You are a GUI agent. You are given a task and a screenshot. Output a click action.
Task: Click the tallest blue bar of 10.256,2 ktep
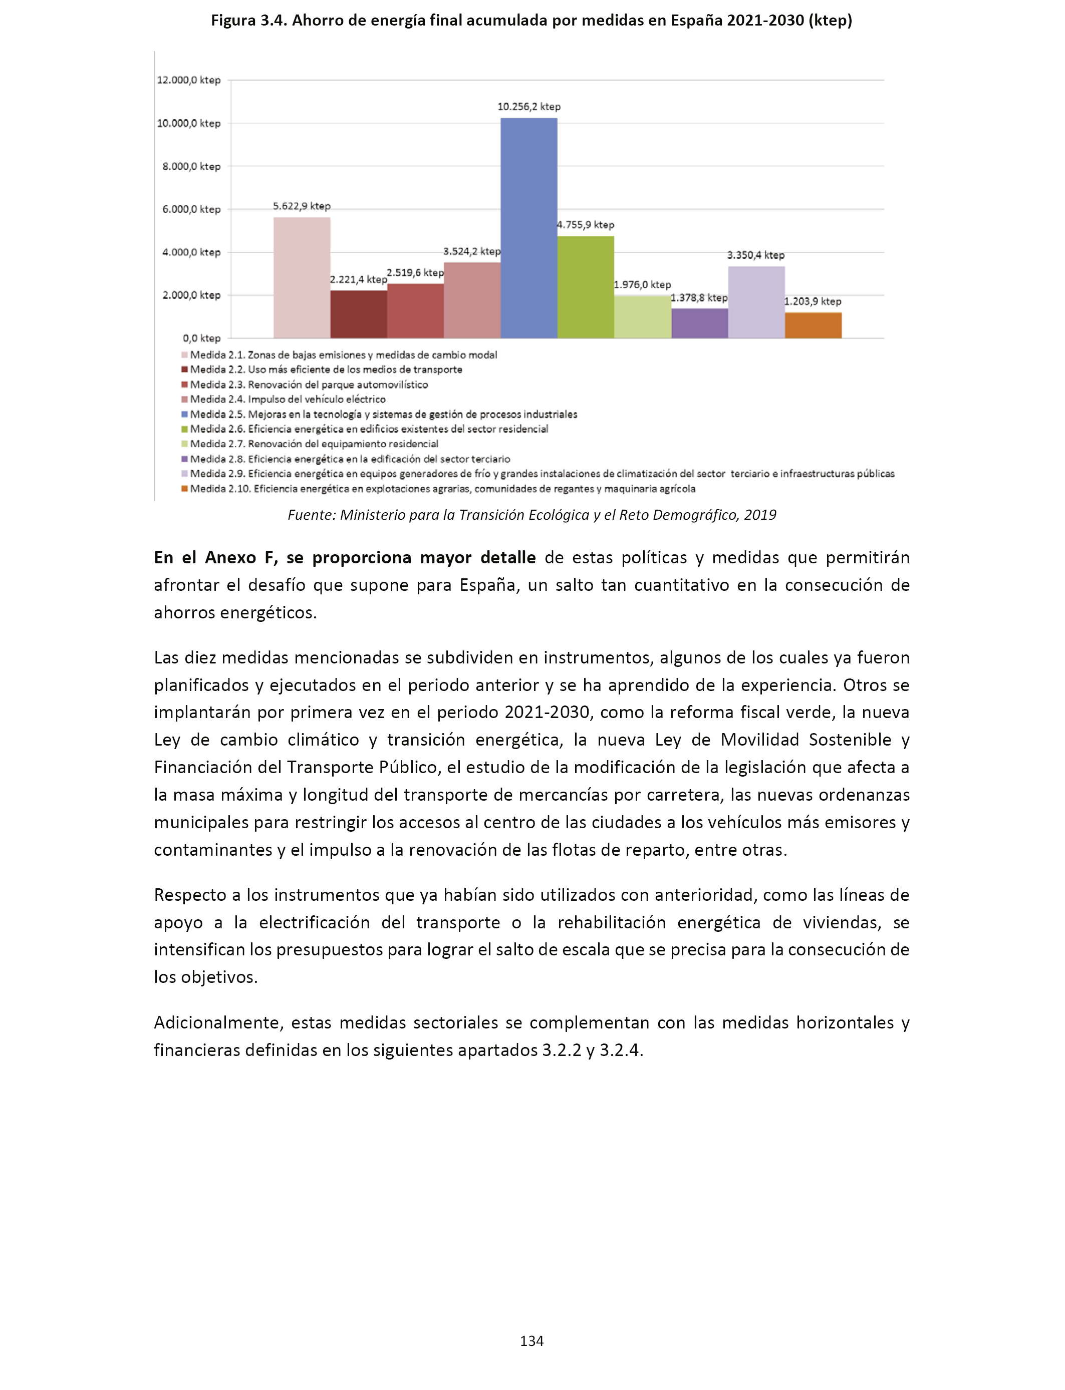[x=528, y=228]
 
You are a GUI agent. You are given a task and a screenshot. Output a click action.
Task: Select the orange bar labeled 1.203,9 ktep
[x=813, y=325]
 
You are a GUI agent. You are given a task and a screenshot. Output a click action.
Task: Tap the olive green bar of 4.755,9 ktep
[x=585, y=287]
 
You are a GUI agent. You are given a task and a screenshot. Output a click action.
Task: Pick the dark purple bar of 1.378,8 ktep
[x=699, y=323]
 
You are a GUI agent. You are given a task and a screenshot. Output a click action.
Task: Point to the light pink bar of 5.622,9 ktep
[x=302, y=277]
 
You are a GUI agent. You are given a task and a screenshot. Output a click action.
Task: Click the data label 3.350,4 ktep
[x=755, y=255]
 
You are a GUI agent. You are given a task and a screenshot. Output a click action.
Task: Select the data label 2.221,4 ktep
[x=358, y=279]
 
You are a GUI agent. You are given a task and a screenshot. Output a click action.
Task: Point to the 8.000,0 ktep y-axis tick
[x=191, y=167]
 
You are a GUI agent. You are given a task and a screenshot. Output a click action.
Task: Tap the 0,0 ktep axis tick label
[x=201, y=338]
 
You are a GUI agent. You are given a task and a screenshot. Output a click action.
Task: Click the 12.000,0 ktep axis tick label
[x=189, y=81]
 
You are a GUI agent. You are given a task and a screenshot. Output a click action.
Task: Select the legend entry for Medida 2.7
[x=314, y=444]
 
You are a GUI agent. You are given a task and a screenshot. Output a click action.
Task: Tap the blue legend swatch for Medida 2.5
[x=184, y=414]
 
